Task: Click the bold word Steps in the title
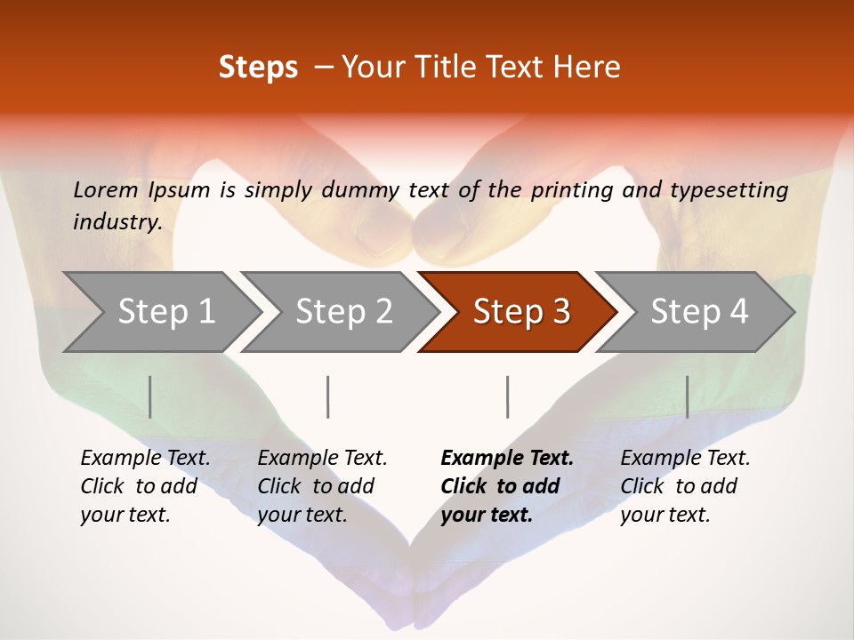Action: (x=258, y=68)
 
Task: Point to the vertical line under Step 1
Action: (x=150, y=396)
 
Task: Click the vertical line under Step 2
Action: (x=328, y=396)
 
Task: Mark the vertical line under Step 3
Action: (x=507, y=396)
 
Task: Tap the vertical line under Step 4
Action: (x=687, y=396)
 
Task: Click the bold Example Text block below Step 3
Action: (x=507, y=486)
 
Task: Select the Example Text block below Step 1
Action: (x=145, y=486)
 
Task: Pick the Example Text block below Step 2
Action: (x=322, y=486)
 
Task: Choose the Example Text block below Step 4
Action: (x=685, y=486)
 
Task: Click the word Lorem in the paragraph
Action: (x=106, y=189)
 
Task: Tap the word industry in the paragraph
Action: (x=117, y=222)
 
